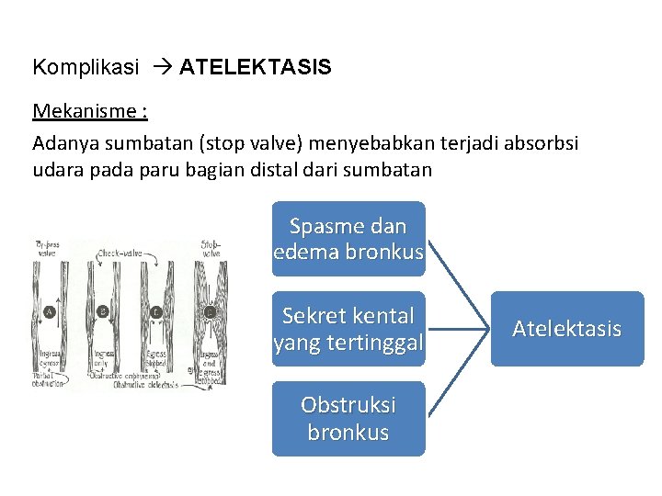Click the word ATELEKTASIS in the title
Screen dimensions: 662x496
pos(256,67)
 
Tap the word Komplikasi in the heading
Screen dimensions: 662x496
pos(86,67)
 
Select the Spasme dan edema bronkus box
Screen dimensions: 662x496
pos(348,239)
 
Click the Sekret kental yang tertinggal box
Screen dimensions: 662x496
pos(348,329)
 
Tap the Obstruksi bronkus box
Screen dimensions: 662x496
pos(348,419)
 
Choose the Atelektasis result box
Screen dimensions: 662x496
pos(566,329)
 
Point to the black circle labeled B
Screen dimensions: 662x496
pos(103,311)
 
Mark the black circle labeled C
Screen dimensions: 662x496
pos(156,311)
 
